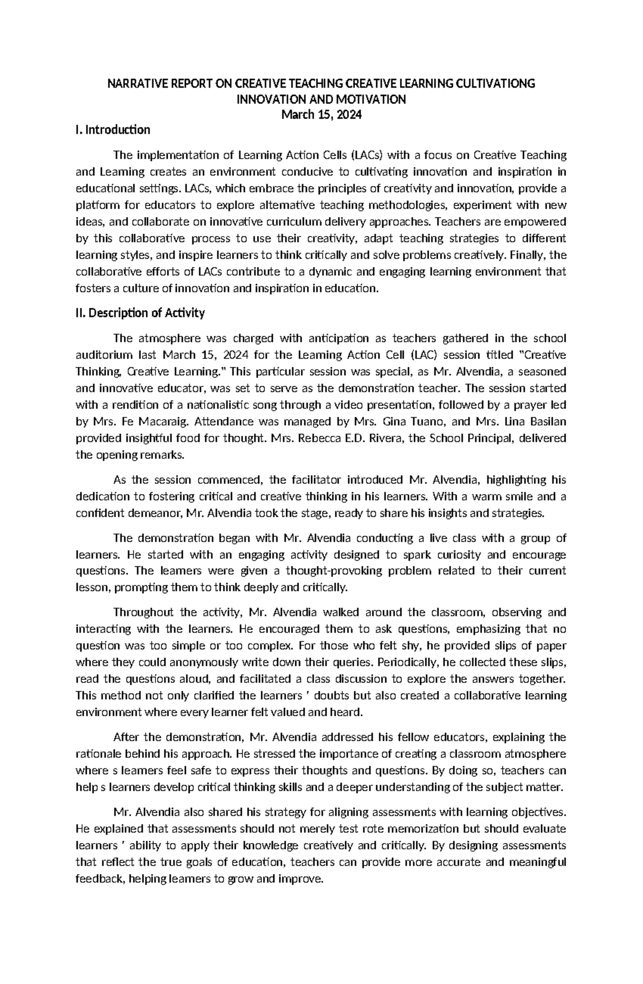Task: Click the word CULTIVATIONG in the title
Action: pos(495,84)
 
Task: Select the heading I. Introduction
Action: pos(114,130)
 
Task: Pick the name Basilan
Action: pos(545,421)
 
